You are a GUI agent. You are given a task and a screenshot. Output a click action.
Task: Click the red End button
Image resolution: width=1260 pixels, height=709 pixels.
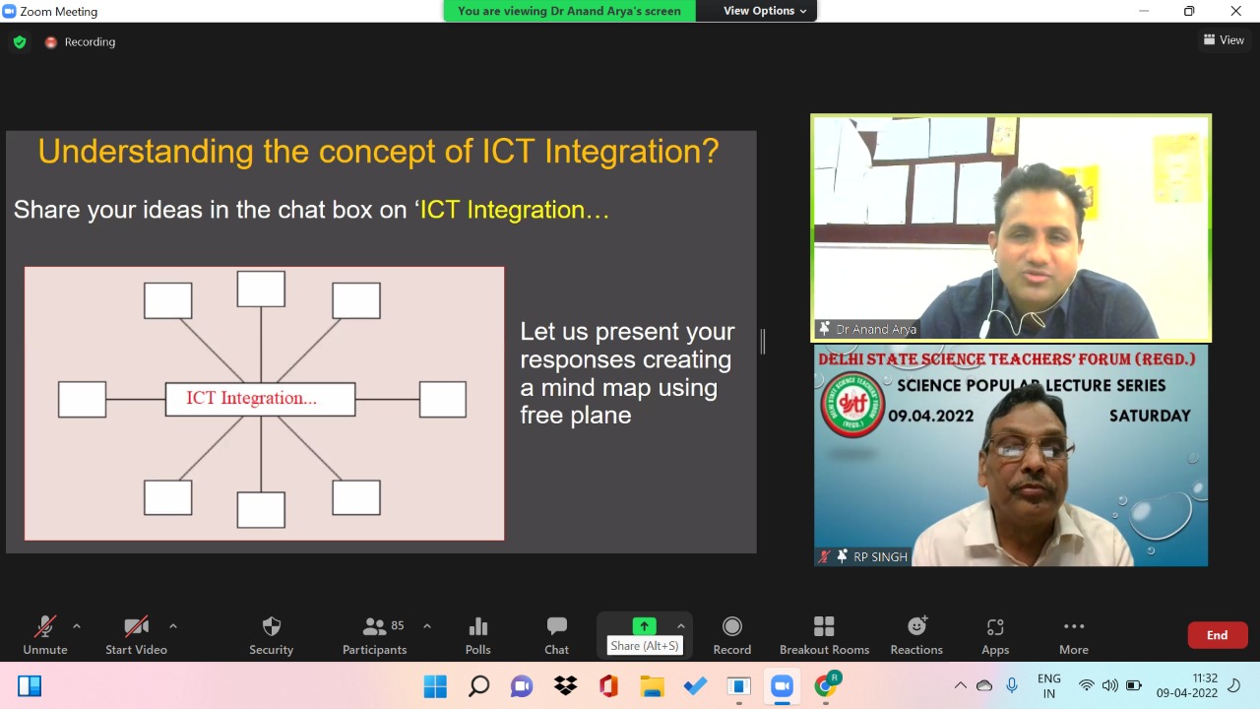(1218, 635)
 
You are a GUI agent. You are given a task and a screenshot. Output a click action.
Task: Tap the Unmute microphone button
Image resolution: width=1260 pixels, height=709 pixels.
(45, 635)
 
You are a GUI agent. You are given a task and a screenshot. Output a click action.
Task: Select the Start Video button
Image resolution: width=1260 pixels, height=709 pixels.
(136, 635)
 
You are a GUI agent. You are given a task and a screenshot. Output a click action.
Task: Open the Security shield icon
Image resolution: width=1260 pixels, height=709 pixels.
(271, 626)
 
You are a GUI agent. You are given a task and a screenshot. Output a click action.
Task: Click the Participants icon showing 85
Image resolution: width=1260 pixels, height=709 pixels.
(375, 626)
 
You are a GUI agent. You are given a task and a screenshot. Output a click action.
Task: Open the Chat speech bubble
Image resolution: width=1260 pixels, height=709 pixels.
(557, 625)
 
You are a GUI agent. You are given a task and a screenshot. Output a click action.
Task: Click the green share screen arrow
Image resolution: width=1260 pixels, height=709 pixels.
(644, 625)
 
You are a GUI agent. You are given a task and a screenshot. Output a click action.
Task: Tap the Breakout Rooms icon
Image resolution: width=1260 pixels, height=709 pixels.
(824, 626)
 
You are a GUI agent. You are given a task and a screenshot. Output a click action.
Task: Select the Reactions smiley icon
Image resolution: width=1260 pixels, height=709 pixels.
(916, 625)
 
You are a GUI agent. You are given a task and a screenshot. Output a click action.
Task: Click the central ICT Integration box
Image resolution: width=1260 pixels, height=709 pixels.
(261, 399)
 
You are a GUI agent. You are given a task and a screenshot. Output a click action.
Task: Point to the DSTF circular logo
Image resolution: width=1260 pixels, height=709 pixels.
(852, 405)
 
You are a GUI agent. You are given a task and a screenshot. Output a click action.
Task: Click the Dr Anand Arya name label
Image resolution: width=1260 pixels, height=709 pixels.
(876, 329)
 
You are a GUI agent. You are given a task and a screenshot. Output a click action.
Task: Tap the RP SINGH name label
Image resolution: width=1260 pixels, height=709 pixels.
(880, 556)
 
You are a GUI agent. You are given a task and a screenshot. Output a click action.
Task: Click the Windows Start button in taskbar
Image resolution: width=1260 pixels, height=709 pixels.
(435, 686)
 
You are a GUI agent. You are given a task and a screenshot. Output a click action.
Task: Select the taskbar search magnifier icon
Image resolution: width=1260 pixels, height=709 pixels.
(478, 686)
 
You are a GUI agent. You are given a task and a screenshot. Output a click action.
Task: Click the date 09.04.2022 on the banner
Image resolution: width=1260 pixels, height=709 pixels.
(931, 416)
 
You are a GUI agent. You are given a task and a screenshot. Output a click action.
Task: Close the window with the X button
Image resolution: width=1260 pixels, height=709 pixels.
(1235, 11)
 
